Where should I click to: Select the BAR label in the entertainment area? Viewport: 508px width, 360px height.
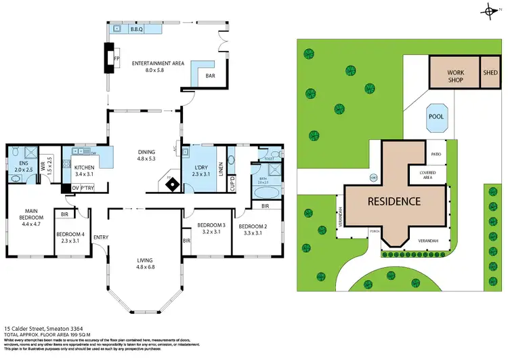point(212,76)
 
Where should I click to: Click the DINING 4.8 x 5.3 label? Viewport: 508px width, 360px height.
point(146,155)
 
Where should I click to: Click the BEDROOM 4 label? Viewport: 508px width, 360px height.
point(70,237)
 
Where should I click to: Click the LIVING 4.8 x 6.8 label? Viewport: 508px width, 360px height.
point(146,264)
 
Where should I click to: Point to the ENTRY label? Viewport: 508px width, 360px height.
point(101,237)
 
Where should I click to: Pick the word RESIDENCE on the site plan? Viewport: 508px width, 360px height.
point(394,201)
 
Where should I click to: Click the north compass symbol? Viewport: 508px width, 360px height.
point(490,11)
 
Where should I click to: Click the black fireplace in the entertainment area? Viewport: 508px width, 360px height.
point(108,58)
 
